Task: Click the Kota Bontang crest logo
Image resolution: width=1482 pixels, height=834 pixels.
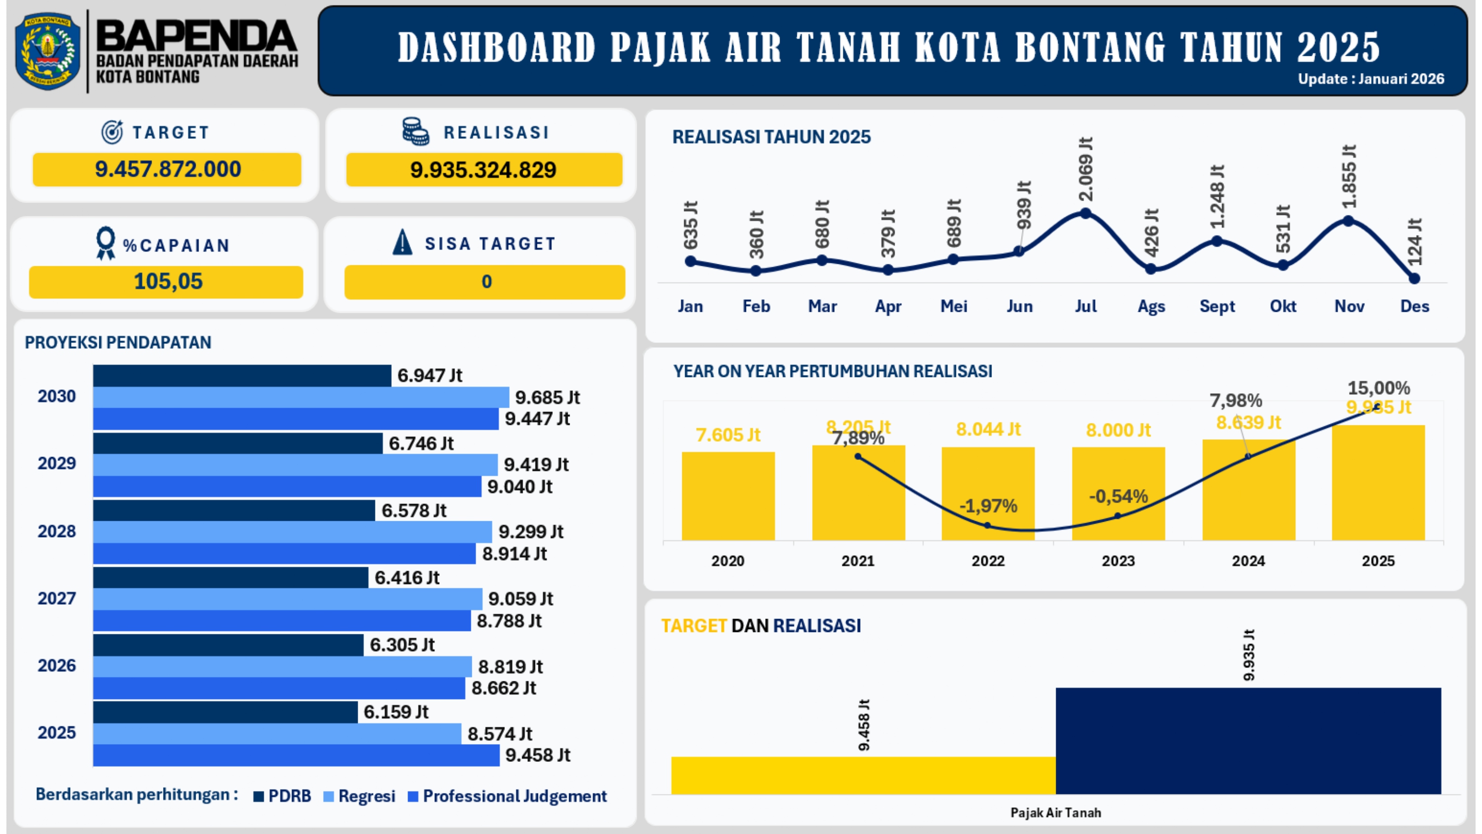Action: tap(48, 51)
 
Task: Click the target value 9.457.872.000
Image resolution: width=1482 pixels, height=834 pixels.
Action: tap(167, 169)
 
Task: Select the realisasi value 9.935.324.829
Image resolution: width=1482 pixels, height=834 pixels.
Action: tap(483, 170)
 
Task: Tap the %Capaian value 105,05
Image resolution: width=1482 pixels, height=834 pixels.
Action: tap(167, 282)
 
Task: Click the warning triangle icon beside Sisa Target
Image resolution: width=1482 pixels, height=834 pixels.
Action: tap(402, 242)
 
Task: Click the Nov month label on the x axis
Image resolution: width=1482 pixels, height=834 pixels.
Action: tap(1349, 306)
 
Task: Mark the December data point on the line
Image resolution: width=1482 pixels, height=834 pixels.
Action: tap(1415, 279)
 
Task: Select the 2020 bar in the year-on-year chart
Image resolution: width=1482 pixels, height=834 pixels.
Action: tap(728, 496)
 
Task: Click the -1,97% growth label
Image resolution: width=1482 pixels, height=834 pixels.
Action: tap(988, 506)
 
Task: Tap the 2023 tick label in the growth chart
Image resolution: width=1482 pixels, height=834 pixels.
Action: tap(1118, 561)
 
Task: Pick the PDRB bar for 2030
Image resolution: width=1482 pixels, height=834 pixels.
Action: tap(242, 376)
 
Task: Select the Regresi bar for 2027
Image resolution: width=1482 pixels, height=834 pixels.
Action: tap(288, 599)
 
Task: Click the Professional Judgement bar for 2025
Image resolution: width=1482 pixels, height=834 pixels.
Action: tap(296, 755)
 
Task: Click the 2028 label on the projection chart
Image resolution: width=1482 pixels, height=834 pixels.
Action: tap(56, 531)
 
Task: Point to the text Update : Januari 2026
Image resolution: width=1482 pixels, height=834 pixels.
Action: tap(1370, 79)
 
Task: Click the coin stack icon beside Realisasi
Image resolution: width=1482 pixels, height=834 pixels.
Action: tap(415, 131)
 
